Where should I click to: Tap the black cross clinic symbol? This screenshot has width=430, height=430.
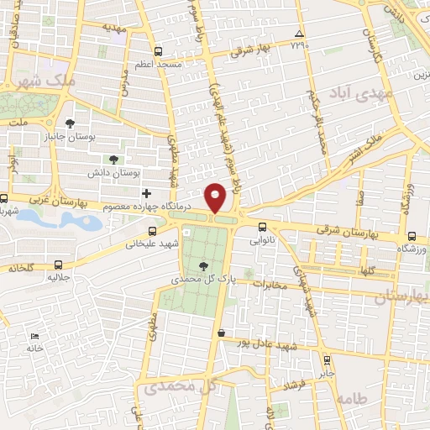point(147,170)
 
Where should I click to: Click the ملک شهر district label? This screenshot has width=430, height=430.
point(46,81)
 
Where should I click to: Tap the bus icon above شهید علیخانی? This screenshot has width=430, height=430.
point(151,231)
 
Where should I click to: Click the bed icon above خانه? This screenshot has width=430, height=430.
point(34,335)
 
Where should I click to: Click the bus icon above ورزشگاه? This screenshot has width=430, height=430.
point(411,237)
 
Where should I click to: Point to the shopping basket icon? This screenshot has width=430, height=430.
point(221,333)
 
